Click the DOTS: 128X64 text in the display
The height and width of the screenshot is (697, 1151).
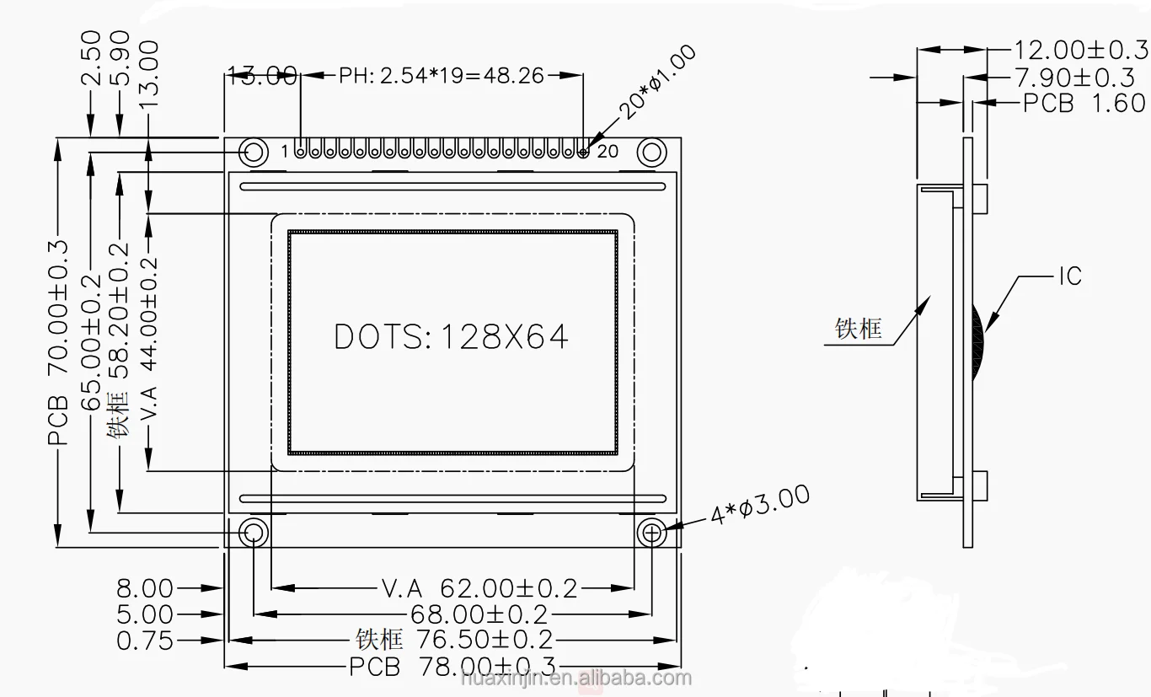click(x=451, y=336)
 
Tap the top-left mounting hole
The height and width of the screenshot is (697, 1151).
click(x=254, y=153)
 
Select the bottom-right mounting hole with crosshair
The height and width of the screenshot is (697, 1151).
click(x=651, y=533)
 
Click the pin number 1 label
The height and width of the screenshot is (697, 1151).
click(x=285, y=152)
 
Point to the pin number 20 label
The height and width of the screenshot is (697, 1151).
click(x=608, y=152)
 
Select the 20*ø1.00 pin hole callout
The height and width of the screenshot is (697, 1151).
click(x=657, y=83)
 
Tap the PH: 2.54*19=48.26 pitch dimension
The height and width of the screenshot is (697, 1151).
click(x=441, y=76)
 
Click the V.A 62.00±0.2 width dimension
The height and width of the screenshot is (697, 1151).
click(x=479, y=588)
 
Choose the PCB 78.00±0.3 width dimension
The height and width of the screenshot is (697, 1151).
click(x=452, y=667)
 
